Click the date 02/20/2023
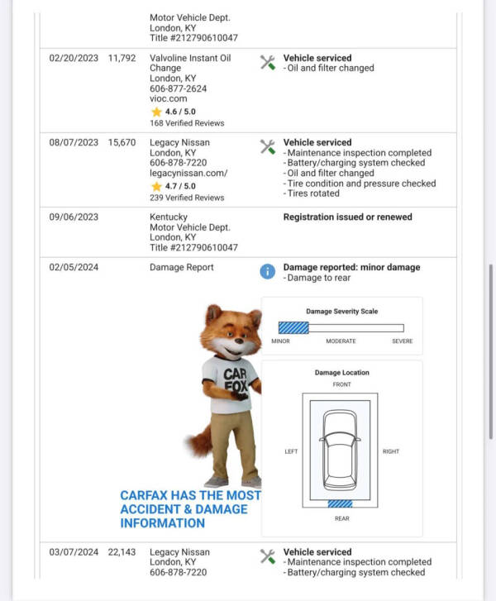(x=74, y=59)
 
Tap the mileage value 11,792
(x=122, y=59)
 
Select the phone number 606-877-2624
(x=178, y=88)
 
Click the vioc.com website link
(x=168, y=98)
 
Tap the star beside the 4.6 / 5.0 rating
(x=155, y=111)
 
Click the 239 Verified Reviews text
(x=187, y=198)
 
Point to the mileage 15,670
(x=122, y=143)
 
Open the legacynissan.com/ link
(x=188, y=173)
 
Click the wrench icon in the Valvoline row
(x=268, y=62)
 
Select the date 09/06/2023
(x=74, y=217)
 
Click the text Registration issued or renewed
(x=347, y=217)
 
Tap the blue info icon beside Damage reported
(x=268, y=271)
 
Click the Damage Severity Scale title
(x=341, y=312)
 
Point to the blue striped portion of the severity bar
(x=293, y=328)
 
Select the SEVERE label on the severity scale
(x=402, y=341)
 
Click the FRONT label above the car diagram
(x=341, y=385)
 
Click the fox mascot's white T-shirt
(x=229, y=384)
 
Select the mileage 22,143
(x=122, y=552)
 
